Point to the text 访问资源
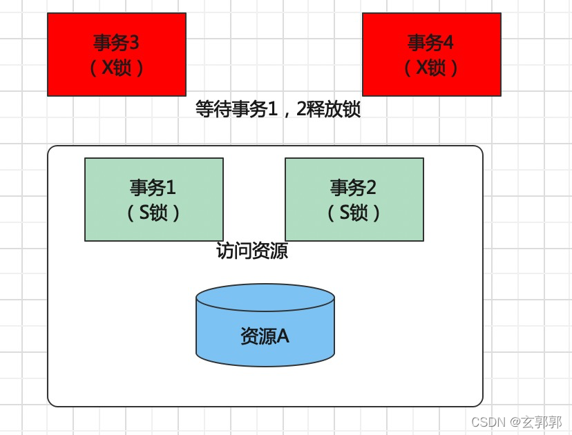[252, 251]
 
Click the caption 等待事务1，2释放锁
[278, 109]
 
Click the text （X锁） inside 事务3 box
[116, 68]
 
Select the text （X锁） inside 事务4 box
[431, 68]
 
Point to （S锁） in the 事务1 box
[153, 213]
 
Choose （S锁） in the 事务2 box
[354, 213]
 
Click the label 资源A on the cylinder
[265, 336]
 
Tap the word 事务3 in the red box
[116, 43]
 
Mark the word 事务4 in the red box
[431, 43]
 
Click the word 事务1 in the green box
[153, 187]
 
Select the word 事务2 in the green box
[354, 187]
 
